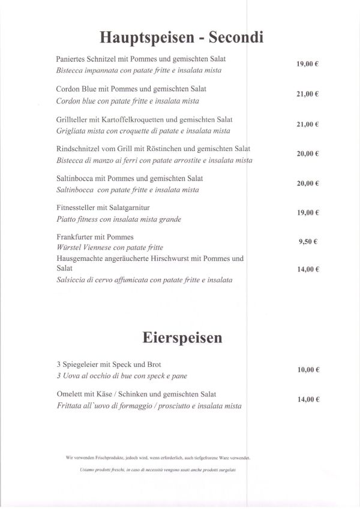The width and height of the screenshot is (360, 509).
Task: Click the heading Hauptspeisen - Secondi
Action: click(181, 38)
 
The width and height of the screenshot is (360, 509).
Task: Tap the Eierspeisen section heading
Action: click(182, 338)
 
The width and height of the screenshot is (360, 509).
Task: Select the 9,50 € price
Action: click(308, 242)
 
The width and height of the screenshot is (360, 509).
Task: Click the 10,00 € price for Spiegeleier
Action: click(308, 370)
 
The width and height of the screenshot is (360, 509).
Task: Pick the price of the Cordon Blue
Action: click(308, 94)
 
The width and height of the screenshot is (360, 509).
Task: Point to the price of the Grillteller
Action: click(308, 124)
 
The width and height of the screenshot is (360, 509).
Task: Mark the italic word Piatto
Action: click(66, 219)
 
